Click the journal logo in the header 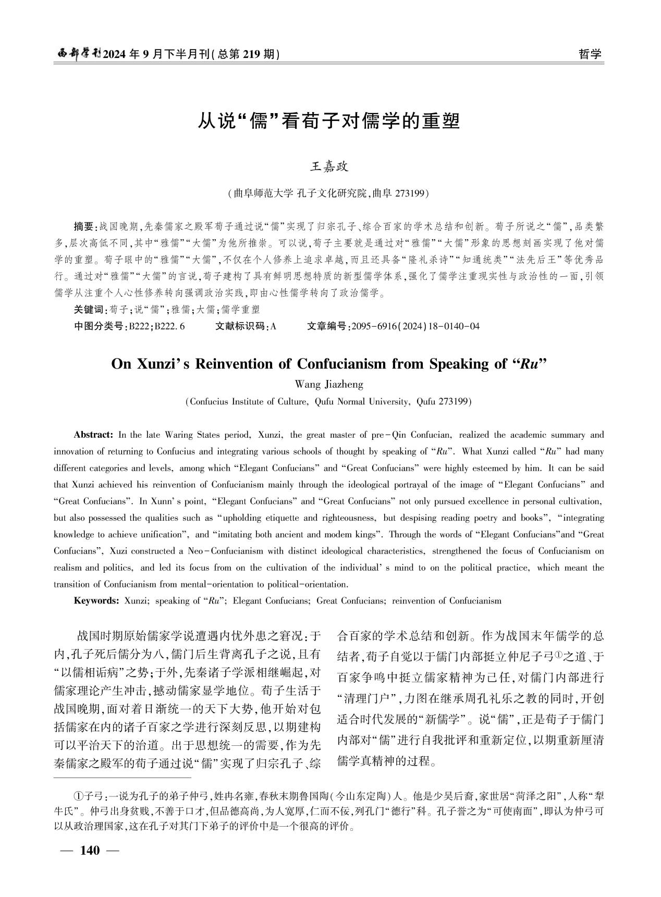pos(79,54)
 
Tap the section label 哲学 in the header pos(590,54)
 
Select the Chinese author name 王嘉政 pos(329,167)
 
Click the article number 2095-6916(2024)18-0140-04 pos(415,327)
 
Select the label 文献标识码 pos(239,327)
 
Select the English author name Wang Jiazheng pos(329,385)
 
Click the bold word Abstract pos(93,435)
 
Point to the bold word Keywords pos(96,600)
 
